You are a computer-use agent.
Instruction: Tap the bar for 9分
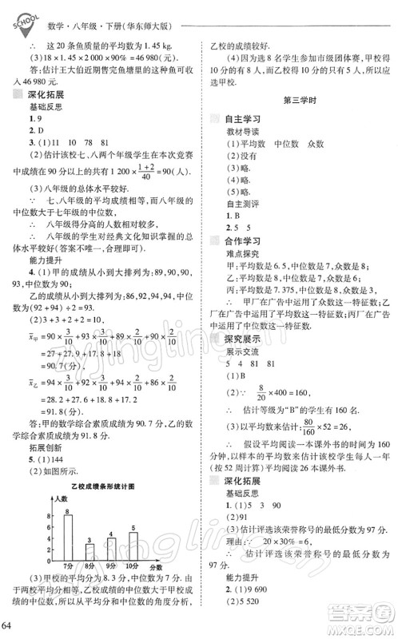(x=112, y=551)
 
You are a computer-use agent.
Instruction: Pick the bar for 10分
(x=133, y=548)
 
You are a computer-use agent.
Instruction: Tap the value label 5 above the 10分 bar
(x=133, y=529)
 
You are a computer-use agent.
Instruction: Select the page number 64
(x=10, y=623)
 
